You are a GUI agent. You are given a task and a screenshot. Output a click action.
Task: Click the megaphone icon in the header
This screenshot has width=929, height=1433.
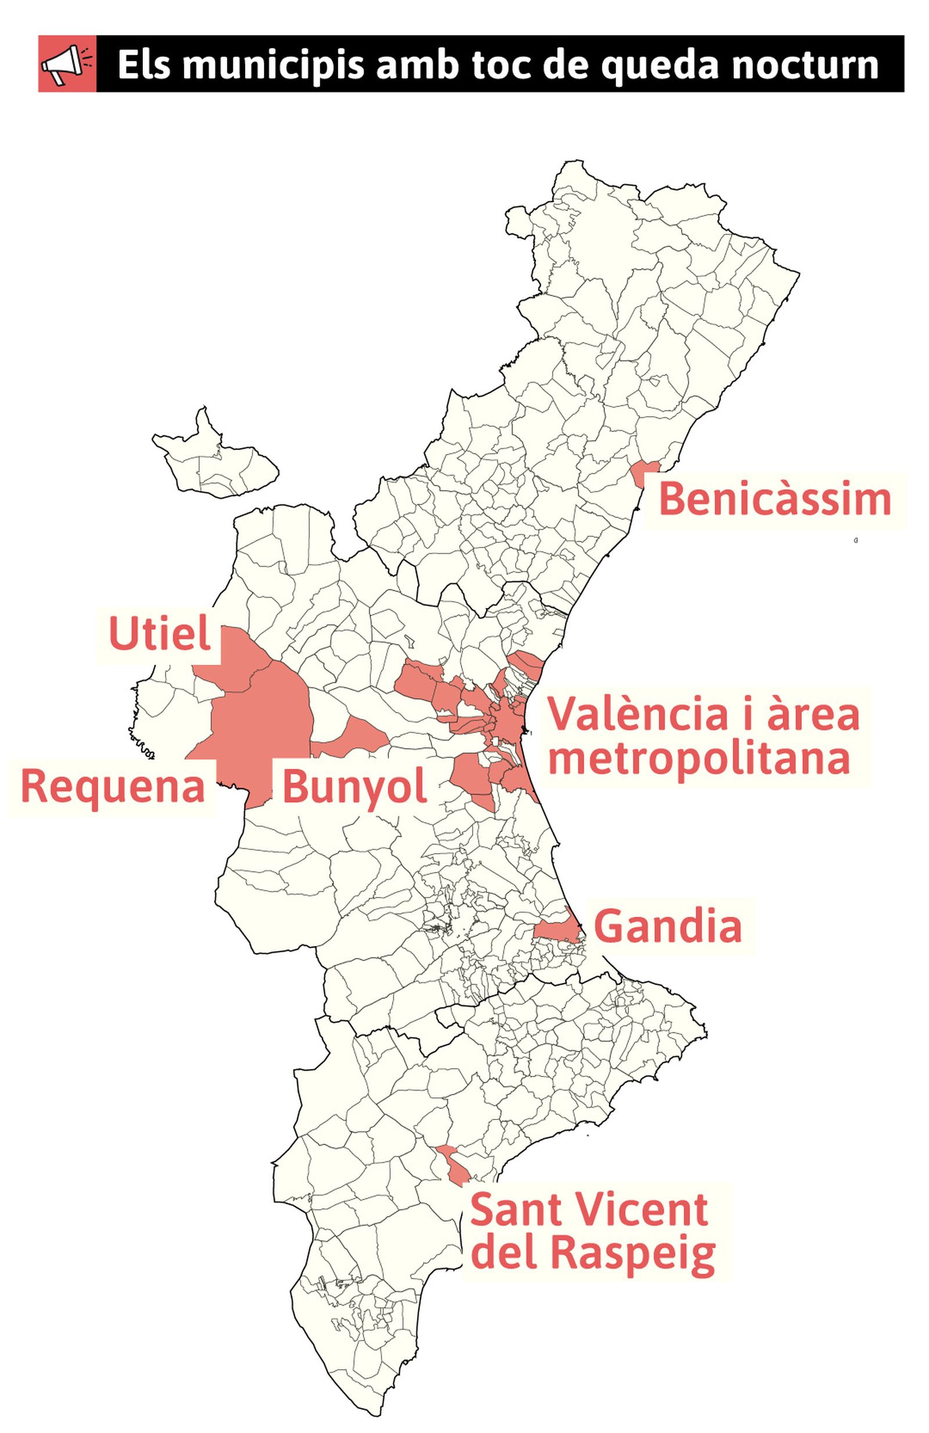[x=67, y=64]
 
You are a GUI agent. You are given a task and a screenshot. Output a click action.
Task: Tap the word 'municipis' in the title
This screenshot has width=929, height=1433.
[x=273, y=65]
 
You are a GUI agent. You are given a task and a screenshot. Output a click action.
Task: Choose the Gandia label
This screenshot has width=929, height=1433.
[x=668, y=926]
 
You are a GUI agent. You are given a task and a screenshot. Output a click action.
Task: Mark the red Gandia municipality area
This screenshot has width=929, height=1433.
[x=557, y=928]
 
